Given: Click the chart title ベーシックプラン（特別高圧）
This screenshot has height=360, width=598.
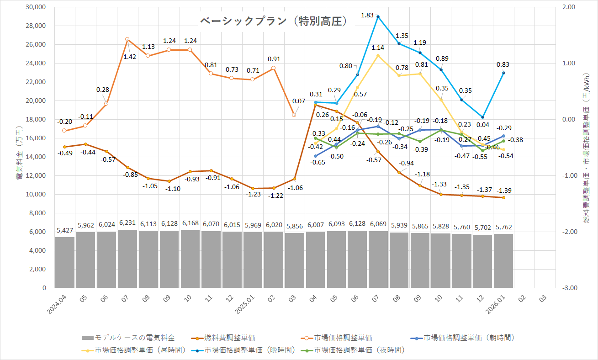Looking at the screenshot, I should pos(273,21).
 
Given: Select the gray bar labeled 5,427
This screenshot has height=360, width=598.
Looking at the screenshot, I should pos(64,262).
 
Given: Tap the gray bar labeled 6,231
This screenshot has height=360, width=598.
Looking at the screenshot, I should pos(127,259).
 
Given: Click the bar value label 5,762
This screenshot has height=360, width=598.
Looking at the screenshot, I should pos(503,226).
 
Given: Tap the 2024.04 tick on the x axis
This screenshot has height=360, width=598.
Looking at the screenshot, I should pos(58,303).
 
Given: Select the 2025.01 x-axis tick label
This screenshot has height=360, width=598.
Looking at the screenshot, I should pos(245,303).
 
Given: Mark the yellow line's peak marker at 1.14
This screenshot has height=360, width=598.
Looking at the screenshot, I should pos(378,56).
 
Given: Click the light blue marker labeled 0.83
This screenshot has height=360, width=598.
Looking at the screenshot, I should pos(503,73).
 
